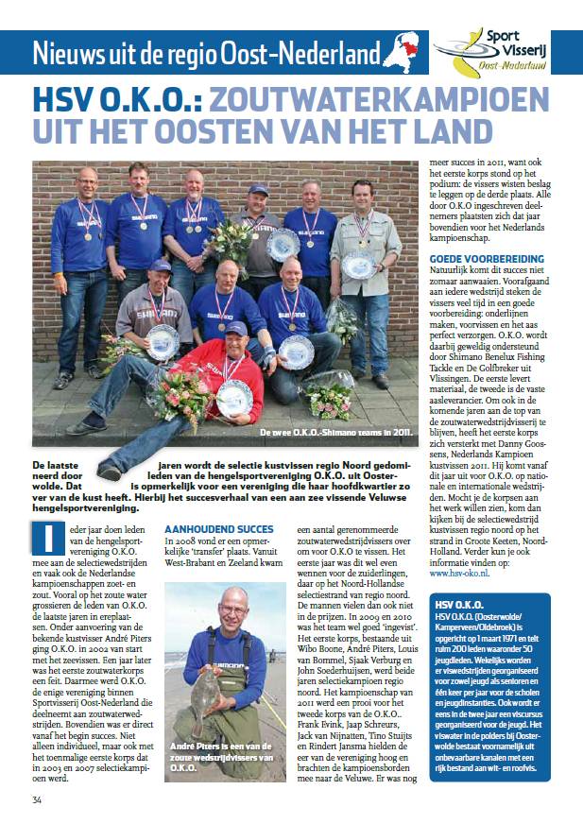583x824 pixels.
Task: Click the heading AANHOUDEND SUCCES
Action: [219, 528]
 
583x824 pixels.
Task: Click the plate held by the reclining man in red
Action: [234, 397]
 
